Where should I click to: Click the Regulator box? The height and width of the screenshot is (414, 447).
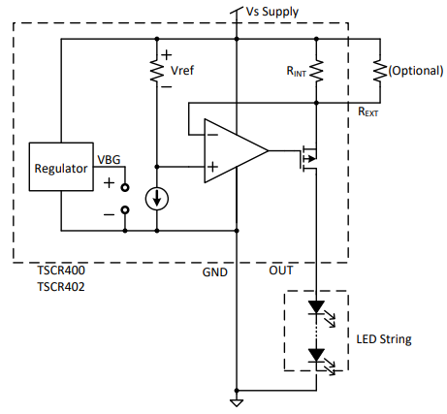60,168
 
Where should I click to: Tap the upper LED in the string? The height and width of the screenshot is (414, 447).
316,307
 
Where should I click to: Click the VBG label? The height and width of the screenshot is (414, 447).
109,159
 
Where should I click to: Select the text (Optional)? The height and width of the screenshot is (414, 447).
415,71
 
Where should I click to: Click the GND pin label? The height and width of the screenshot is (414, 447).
215,272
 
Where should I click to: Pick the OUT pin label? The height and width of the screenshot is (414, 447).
280,272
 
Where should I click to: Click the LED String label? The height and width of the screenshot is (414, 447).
384,339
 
